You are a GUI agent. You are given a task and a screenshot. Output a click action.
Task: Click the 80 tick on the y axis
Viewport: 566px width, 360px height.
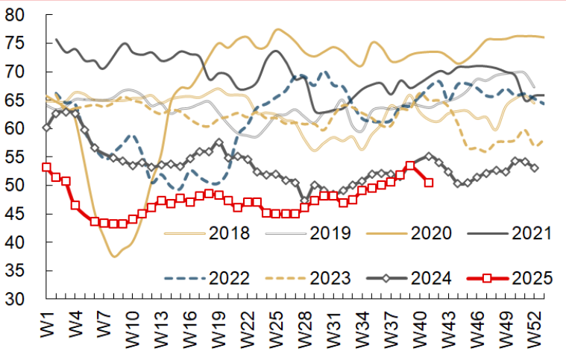(17, 16)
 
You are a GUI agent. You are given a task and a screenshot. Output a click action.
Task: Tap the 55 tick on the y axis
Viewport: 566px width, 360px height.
(17, 157)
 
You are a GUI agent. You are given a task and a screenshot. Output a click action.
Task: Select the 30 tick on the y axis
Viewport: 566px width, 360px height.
(17, 299)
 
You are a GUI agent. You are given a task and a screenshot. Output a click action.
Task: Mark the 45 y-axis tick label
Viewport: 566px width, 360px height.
(17, 214)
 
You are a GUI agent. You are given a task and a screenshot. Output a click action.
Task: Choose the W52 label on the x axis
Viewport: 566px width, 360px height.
(534, 328)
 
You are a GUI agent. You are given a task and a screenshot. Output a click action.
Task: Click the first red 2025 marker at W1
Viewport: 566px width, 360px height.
(46, 168)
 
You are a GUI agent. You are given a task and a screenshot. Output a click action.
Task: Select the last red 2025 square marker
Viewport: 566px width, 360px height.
(428, 183)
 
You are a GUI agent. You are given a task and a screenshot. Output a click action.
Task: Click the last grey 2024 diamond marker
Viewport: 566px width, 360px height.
(535, 168)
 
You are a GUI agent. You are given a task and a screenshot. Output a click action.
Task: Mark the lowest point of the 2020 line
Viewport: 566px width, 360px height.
(114, 256)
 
